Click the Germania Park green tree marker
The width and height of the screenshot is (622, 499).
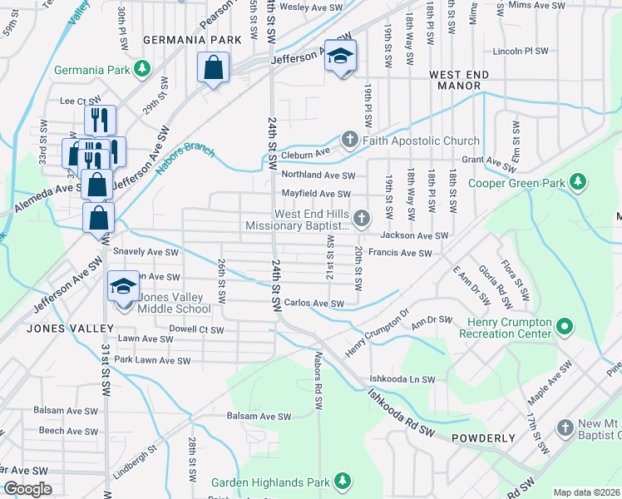(x=142, y=67)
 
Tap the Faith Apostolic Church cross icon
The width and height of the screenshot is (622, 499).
(x=350, y=140)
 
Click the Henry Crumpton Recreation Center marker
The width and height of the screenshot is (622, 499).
(x=565, y=325)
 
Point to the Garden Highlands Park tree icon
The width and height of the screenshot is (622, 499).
(x=341, y=482)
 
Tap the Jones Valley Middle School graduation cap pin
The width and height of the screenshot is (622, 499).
(x=123, y=288)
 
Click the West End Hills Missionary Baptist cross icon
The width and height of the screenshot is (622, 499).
(x=361, y=219)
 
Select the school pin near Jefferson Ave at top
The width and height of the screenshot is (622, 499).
(x=340, y=57)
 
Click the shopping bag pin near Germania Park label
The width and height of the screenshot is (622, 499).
(x=213, y=67)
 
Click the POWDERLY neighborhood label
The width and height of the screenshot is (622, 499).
(x=484, y=437)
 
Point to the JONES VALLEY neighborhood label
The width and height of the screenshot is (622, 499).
(x=57, y=328)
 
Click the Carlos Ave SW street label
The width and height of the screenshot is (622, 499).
(x=313, y=304)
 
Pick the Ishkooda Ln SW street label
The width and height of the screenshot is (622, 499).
(x=402, y=379)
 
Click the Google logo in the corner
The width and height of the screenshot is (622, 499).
(x=28, y=488)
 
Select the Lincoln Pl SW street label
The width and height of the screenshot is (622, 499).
(x=520, y=51)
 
